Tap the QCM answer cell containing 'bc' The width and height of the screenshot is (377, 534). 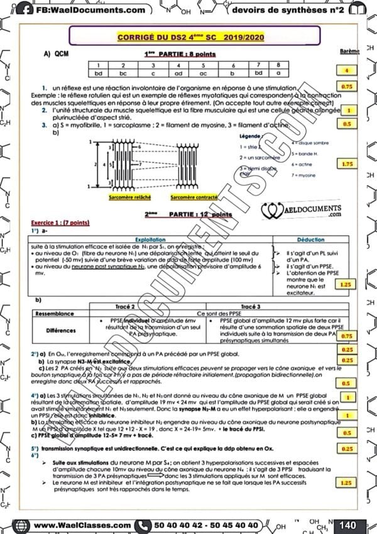123,74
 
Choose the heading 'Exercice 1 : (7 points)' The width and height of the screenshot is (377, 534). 62,222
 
